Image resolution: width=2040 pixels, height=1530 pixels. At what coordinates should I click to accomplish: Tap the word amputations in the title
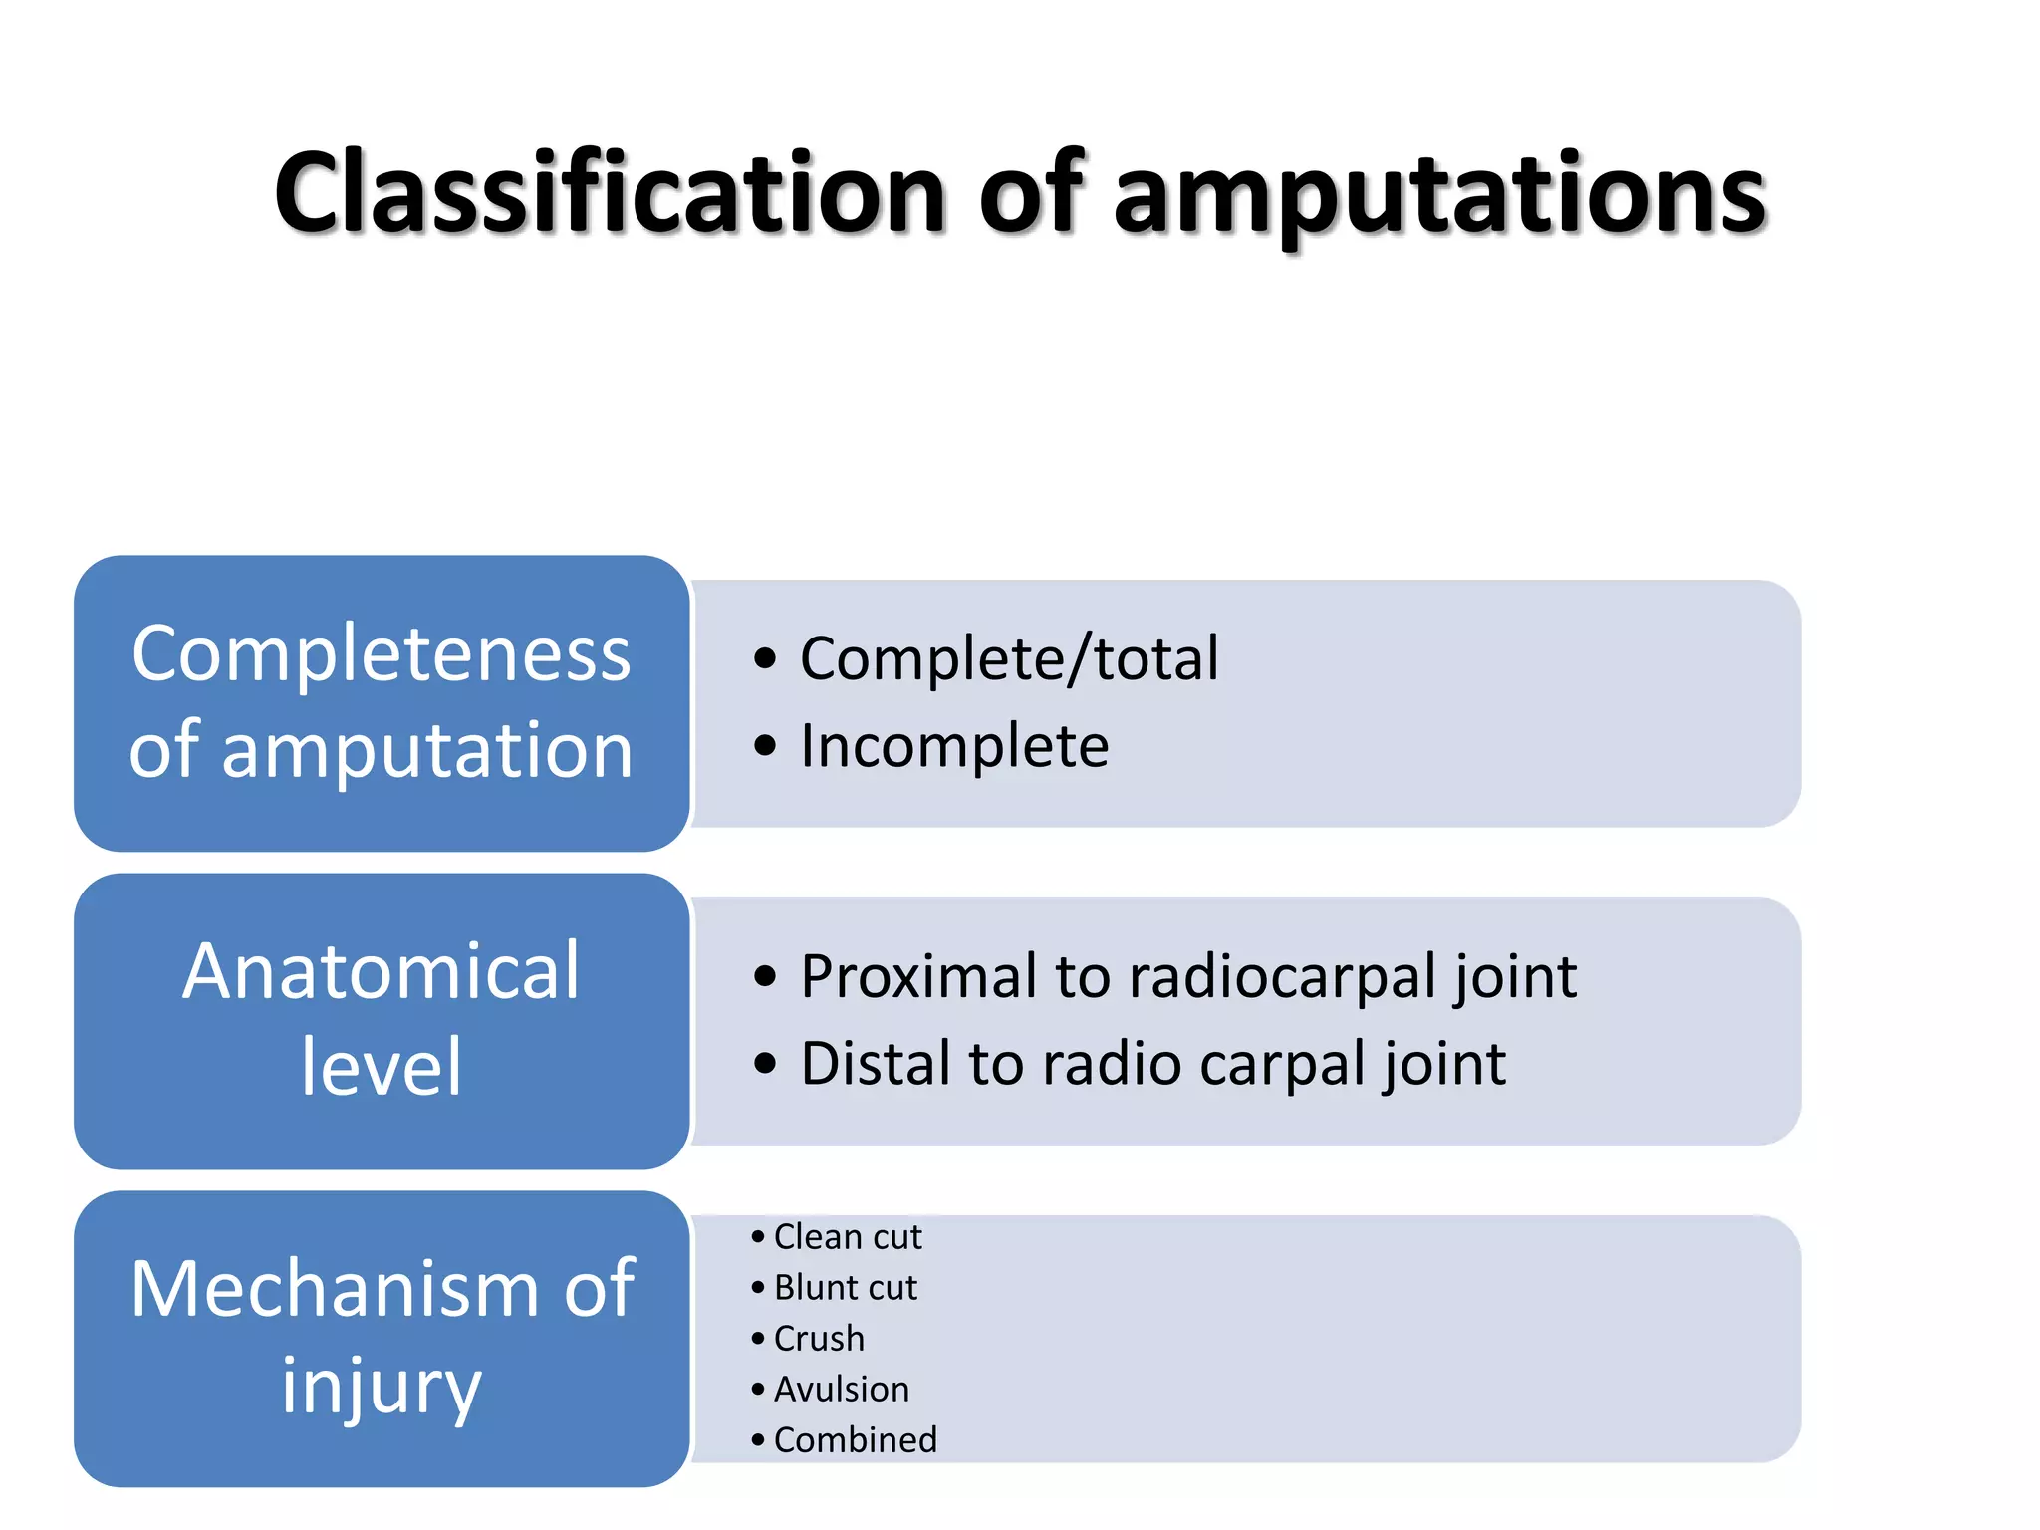(1439, 195)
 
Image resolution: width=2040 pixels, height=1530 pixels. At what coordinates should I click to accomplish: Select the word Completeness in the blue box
(382, 654)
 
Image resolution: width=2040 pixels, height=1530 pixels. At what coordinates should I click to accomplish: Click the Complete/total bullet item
(1008, 659)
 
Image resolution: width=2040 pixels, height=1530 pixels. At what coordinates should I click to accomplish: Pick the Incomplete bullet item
(953, 746)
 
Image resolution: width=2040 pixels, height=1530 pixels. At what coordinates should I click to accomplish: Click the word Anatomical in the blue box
(382, 971)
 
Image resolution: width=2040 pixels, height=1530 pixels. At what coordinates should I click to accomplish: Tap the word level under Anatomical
(382, 1067)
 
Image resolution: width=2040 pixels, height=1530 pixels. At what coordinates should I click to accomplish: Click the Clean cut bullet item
(848, 1237)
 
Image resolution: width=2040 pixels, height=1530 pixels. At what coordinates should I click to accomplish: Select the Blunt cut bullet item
(845, 1288)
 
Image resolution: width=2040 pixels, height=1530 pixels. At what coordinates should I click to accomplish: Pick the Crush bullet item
(819, 1339)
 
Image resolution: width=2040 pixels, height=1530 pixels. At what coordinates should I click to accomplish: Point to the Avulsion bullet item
(842, 1390)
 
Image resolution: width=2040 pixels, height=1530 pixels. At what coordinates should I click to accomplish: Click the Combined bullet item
(856, 1440)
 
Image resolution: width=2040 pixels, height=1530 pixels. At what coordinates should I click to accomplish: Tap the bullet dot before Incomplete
(764, 746)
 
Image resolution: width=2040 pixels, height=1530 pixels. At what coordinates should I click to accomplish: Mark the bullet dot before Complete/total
(764, 658)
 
